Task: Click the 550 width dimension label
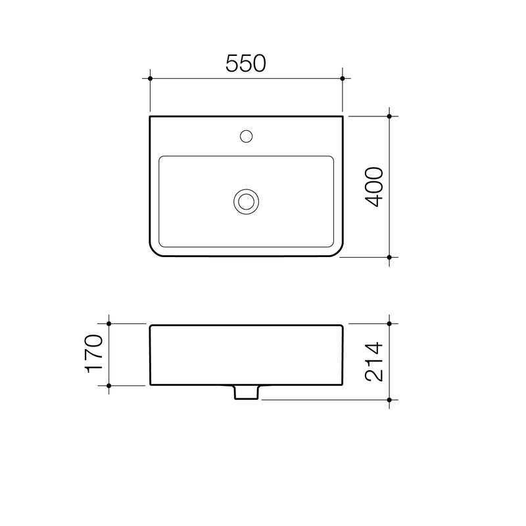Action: (245, 63)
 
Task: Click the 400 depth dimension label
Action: (373, 187)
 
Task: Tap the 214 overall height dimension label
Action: (373, 362)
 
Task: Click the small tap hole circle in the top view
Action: (246, 137)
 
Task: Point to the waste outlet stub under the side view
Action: (246, 393)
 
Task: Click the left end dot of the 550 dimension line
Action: (151, 79)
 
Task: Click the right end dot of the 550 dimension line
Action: (342, 79)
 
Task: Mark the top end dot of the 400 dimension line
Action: (390, 116)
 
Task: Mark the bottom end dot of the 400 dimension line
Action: (390, 257)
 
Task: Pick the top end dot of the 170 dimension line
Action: (109, 324)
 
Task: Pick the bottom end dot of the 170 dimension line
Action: (109, 385)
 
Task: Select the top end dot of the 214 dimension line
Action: (390, 324)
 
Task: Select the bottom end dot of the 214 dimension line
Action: (390, 399)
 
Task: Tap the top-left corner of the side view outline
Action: (151, 325)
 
